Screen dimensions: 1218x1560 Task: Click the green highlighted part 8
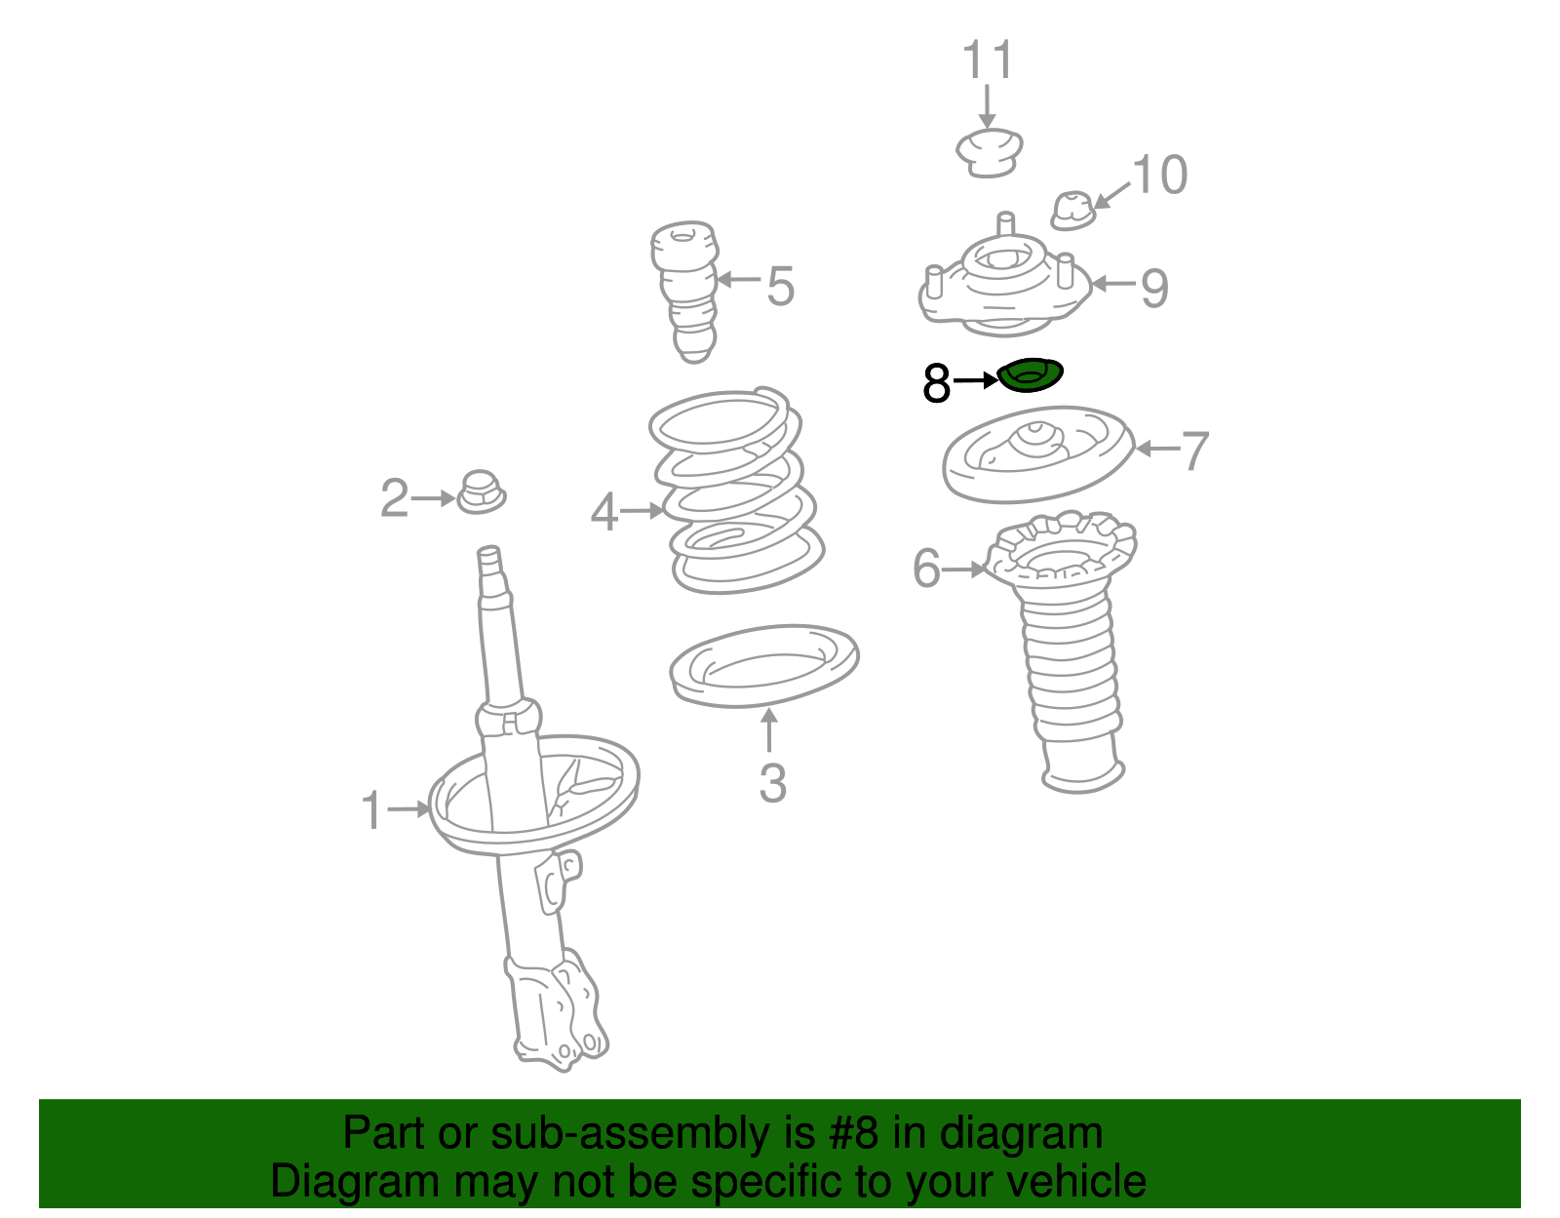click(1031, 375)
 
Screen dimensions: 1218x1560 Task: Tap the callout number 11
click(988, 60)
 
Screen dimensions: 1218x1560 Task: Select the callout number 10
click(1159, 176)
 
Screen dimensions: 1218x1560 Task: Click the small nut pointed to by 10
click(1072, 210)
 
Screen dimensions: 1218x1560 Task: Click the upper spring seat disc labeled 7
click(1037, 454)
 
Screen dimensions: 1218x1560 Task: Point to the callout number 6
click(926, 568)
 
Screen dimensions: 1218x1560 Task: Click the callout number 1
click(371, 810)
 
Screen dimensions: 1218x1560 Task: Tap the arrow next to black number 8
click(976, 380)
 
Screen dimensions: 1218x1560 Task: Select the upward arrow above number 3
click(769, 729)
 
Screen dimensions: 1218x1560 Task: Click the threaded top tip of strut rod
click(489, 559)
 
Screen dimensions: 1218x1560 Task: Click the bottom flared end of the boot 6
click(1083, 777)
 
